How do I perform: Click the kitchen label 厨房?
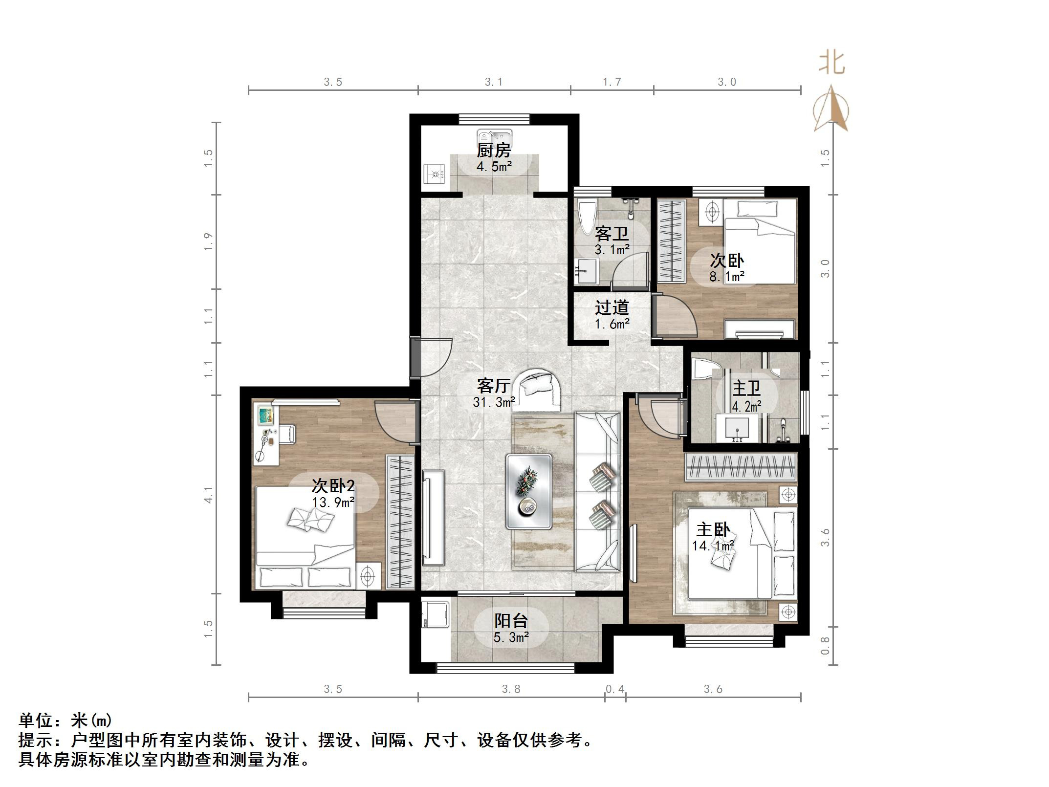494,150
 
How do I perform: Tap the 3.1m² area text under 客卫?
612,250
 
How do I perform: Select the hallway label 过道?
612,307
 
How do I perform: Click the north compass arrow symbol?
830,110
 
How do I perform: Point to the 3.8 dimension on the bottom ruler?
511,689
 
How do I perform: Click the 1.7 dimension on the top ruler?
612,82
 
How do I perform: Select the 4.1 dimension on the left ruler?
209,495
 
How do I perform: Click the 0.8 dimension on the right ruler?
825,645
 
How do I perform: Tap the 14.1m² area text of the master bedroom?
713,546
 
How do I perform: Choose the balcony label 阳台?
511,621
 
